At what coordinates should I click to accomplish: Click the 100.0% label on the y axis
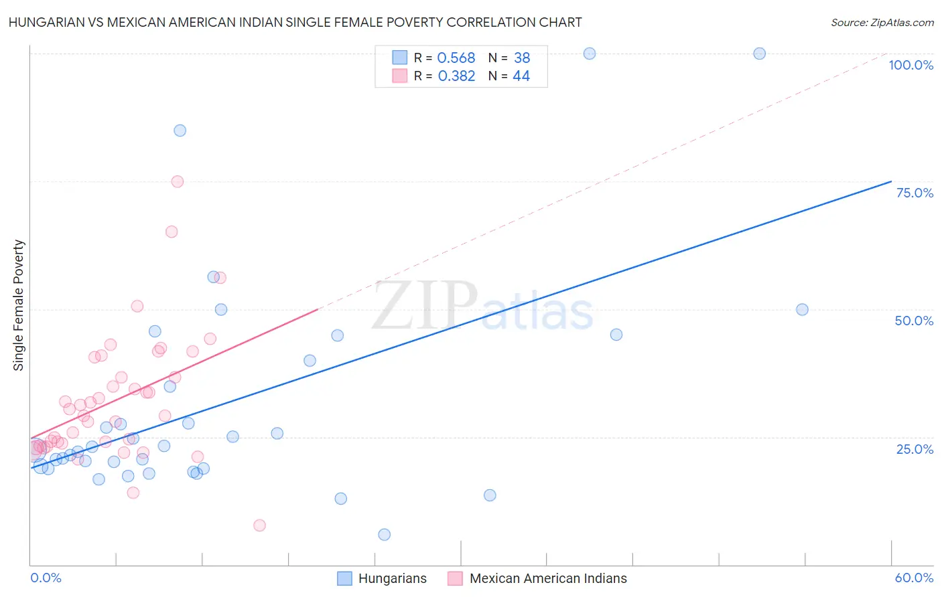911,65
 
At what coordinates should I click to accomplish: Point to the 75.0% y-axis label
915,193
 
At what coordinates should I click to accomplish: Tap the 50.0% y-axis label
914,321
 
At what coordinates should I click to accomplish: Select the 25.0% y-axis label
915,448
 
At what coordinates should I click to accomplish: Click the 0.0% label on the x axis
46,578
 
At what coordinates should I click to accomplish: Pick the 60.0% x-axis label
914,578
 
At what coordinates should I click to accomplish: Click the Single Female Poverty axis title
19,305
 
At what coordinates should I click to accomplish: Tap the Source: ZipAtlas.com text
882,22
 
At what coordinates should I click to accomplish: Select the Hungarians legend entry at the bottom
382,578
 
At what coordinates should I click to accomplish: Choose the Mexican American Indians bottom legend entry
538,578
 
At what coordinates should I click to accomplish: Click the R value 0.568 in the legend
456,58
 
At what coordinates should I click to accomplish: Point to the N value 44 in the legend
521,76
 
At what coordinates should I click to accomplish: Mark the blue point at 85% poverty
180,131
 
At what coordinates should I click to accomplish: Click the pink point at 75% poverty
177,181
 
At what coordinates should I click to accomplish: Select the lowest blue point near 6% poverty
384,534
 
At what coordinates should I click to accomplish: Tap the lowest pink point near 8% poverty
259,525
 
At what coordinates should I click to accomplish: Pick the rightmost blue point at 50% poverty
802,309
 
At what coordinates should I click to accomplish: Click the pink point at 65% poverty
172,232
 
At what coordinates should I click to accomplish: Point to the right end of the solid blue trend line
891,181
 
